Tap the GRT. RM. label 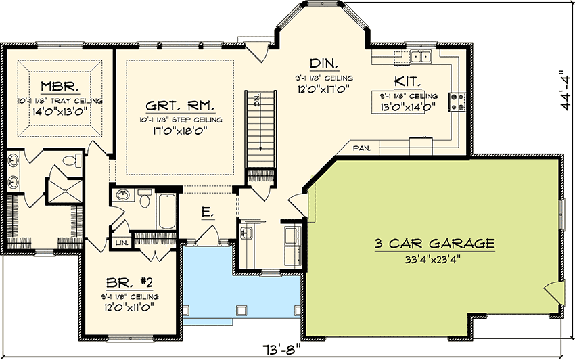[180, 106]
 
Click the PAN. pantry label [360, 147]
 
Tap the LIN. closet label [122, 242]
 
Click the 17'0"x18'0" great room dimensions [180, 133]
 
